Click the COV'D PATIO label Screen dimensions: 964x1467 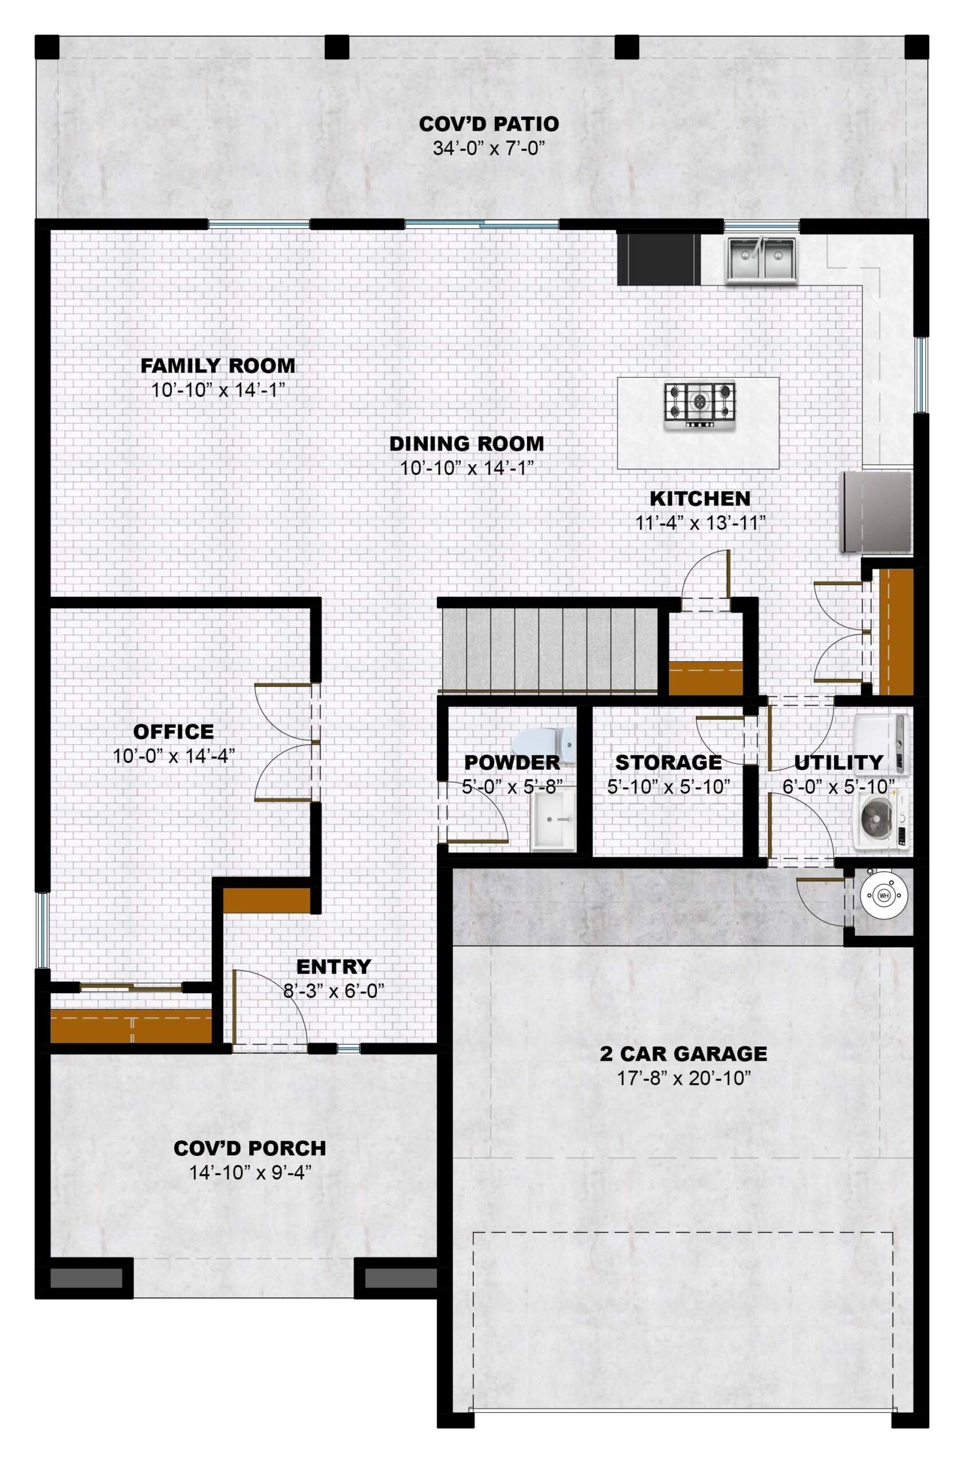pos(489,124)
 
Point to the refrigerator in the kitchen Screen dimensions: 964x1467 pos(875,512)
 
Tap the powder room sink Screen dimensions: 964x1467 pos(553,821)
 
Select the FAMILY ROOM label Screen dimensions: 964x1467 pos(218,366)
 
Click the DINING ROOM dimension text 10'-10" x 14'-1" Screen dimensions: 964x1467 pos(466,468)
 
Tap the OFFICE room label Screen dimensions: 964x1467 pos(174,732)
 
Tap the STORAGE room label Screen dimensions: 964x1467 pos(668,763)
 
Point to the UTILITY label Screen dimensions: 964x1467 pos(839,763)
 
